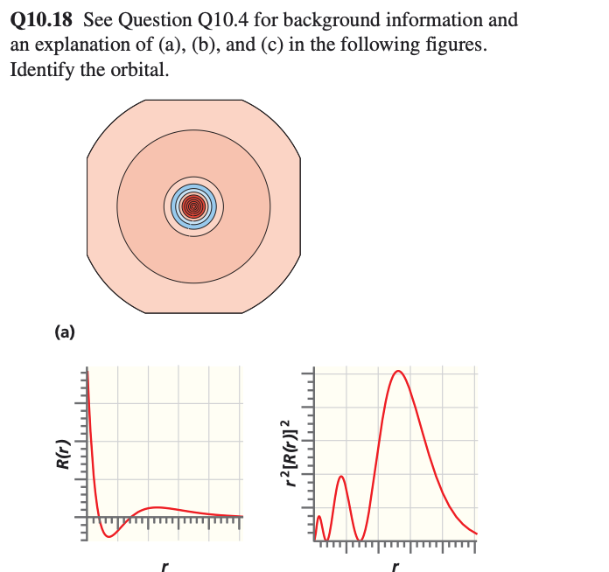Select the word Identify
pyautogui.click(x=40, y=69)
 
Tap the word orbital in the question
pyautogui.click(x=137, y=69)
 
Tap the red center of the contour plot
pyautogui.click(x=193, y=206)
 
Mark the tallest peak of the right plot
pyautogui.click(x=399, y=372)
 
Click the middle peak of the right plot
pyautogui.click(x=341, y=478)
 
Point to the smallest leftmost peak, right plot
pyautogui.click(x=320, y=518)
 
